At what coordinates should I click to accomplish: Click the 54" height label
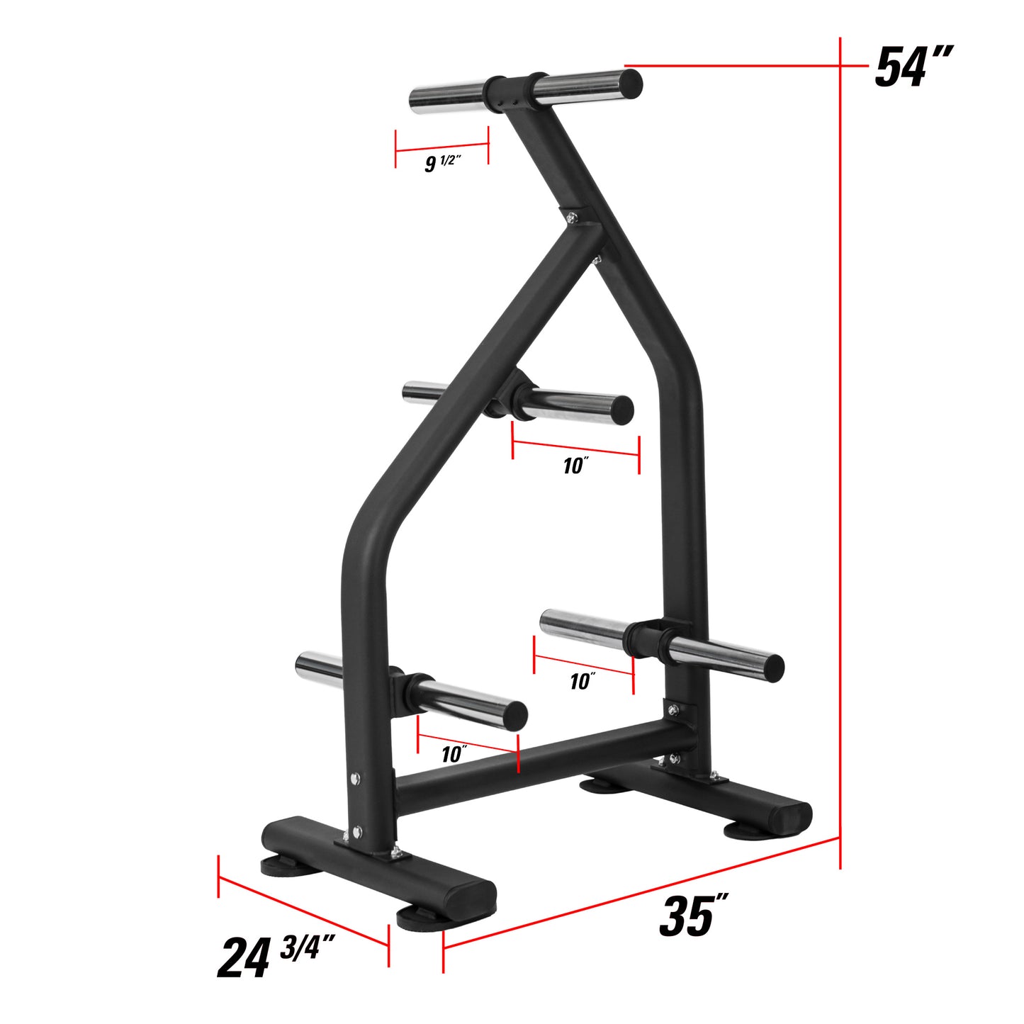pos(913,67)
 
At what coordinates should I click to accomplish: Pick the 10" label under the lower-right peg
pos(583,681)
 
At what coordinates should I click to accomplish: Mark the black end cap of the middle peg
pos(621,410)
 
